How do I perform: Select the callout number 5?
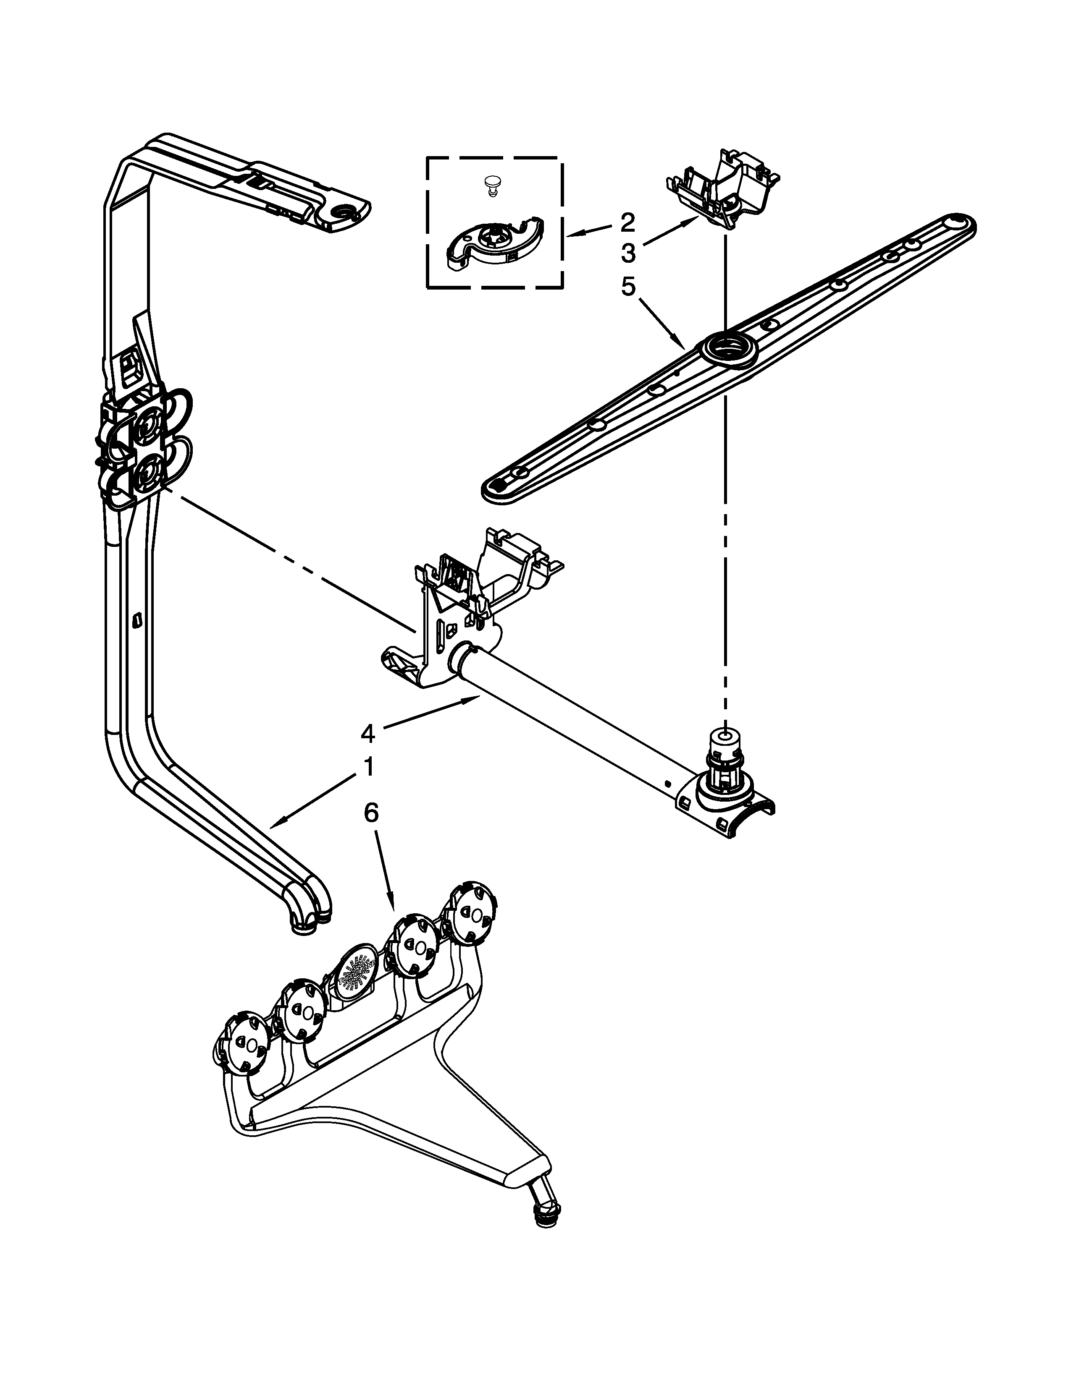click(x=627, y=287)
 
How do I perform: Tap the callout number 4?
click(x=367, y=734)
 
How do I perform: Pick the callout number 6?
click(x=371, y=813)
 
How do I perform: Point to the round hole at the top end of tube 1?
click(x=348, y=212)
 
